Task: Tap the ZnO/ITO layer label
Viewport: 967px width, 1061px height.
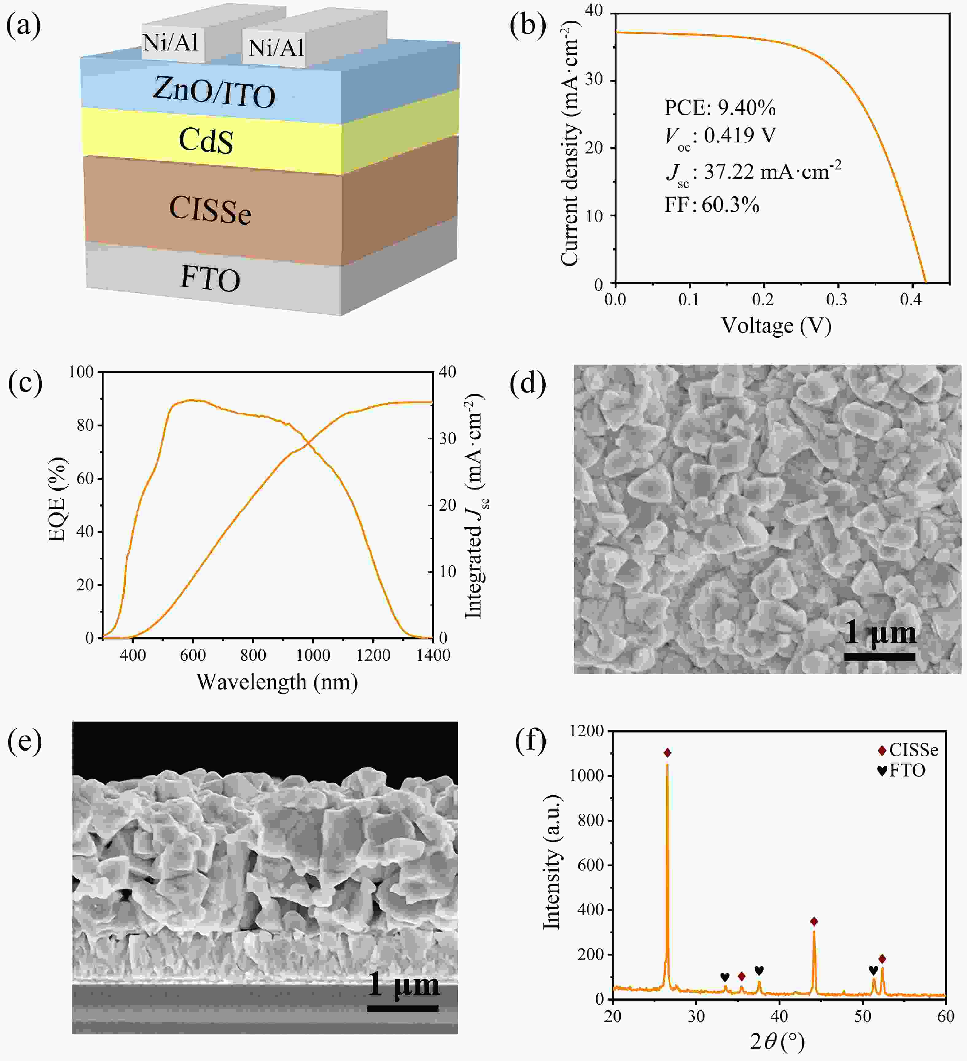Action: [214, 93]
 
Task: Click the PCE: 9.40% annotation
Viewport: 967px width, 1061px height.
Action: [720, 108]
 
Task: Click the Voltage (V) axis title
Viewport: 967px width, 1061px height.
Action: [776, 326]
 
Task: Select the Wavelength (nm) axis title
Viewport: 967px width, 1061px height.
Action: [277, 682]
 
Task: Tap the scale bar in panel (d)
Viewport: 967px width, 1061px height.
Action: [880, 657]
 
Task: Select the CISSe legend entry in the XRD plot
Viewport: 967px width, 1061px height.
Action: [907, 751]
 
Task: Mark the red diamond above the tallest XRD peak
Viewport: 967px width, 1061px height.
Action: [667, 753]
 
